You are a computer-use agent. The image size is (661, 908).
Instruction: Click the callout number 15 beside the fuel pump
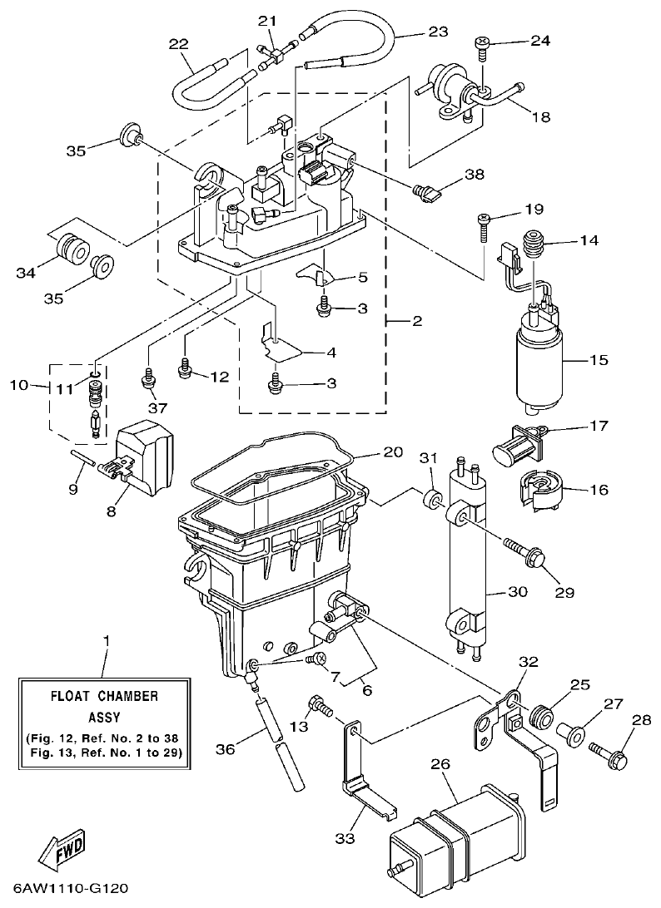coord(598,361)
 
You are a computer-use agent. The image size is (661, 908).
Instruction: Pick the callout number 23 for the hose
coord(438,32)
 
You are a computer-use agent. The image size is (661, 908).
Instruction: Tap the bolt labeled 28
coord(606,755)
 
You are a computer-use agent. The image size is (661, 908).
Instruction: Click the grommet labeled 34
coord(72,247)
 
